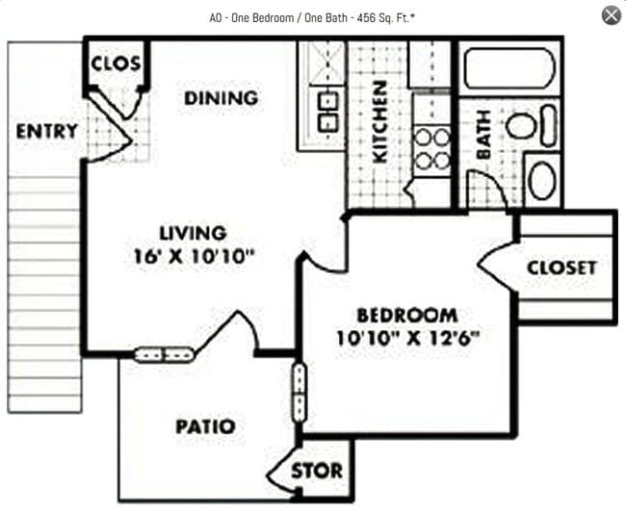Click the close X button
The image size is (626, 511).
(611, 15)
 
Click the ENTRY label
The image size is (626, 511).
(46, 131)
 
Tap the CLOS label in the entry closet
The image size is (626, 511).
(116, 64)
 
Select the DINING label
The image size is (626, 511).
(222, 98)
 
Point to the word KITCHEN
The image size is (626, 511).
(379, 121)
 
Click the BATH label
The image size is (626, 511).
(483, 135)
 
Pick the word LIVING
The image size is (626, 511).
(193, 233)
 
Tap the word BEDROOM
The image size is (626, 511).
(406, 316)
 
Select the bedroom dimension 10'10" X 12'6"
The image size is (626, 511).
(407, 338)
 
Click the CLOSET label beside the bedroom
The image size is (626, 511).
(561, 268)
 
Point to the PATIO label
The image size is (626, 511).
(205, 426)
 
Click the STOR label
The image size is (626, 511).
(316, 471)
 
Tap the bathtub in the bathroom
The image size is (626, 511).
(509, 69)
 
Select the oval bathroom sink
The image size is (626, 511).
(542, 180)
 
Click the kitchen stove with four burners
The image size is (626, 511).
(431, 149)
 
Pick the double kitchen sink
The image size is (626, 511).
(327, 111)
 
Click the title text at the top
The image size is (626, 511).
(312, 16)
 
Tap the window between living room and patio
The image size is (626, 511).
(164, 354)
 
